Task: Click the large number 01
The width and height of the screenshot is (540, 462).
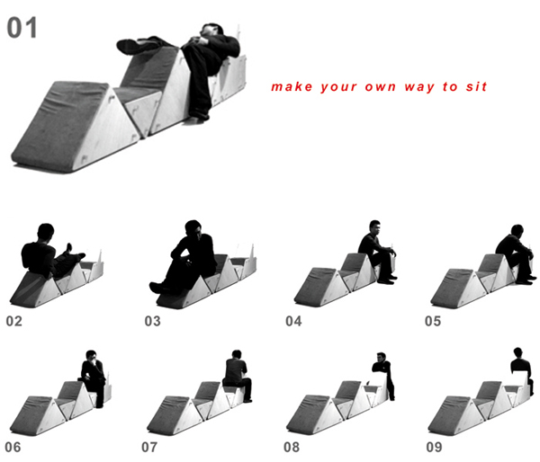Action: (x=22, y=28)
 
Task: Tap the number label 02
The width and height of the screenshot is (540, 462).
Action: (x=14, y=321)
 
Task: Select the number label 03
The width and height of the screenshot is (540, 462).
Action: (x=153, y=321)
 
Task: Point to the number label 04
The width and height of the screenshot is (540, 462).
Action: (x=293, y=321)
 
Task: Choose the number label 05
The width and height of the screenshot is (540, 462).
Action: (x=433, y=321)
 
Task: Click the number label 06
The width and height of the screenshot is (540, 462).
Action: (x=13, y=448)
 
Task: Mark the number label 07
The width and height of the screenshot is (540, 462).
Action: (x=149, y=448)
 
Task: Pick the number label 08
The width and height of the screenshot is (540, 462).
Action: (x=292, y=448)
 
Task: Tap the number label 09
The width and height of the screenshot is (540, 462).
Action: (x=435, y=448)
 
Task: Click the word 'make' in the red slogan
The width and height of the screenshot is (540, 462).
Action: (x=292, y=86)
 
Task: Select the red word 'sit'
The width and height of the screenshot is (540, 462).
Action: (x=477, y=86)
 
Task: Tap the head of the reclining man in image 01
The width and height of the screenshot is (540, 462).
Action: (x=211, y=30)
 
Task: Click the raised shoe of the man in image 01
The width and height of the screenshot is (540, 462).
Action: (x=128, y=46)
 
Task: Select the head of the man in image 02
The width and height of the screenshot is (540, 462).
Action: (x=46, y=232)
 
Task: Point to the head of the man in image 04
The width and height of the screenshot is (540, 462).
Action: (x=374, y=227)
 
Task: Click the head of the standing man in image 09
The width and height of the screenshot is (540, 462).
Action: (x=517, y=352)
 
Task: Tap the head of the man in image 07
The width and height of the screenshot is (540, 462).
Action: (x=237, y=355)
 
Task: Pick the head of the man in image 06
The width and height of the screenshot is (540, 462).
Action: (x=91, y=356)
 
